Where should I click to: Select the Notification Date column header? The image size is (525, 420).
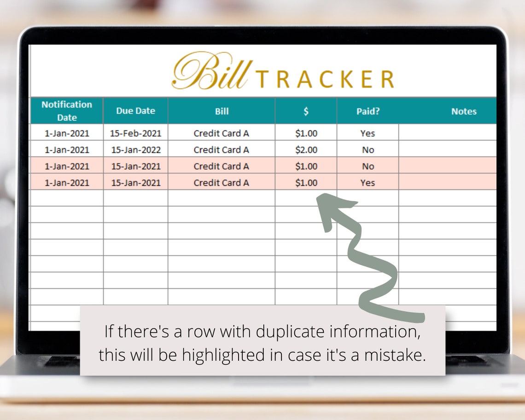tap(67, 111)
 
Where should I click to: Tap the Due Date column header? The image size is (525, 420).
tap(135, 111)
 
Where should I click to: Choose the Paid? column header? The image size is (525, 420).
tap(367, 111)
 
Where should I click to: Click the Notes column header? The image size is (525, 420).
tap(463, 111)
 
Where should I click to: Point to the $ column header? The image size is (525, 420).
tap(306, 111)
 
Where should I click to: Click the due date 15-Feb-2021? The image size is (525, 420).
tap(135, 134)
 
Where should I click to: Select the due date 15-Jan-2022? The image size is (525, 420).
tap(135, 150)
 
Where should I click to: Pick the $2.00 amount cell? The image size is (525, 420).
tap(306, 150)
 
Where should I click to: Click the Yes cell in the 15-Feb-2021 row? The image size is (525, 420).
tap(367, 134)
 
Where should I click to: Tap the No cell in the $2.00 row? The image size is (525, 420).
tap(367, 150)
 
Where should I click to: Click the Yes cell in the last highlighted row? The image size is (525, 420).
tap(367, 183)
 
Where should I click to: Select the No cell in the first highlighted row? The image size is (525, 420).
tap(367, 166)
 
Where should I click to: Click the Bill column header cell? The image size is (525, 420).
tap(222, 111)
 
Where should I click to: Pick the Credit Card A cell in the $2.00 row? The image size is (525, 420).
tap(222, 150)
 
